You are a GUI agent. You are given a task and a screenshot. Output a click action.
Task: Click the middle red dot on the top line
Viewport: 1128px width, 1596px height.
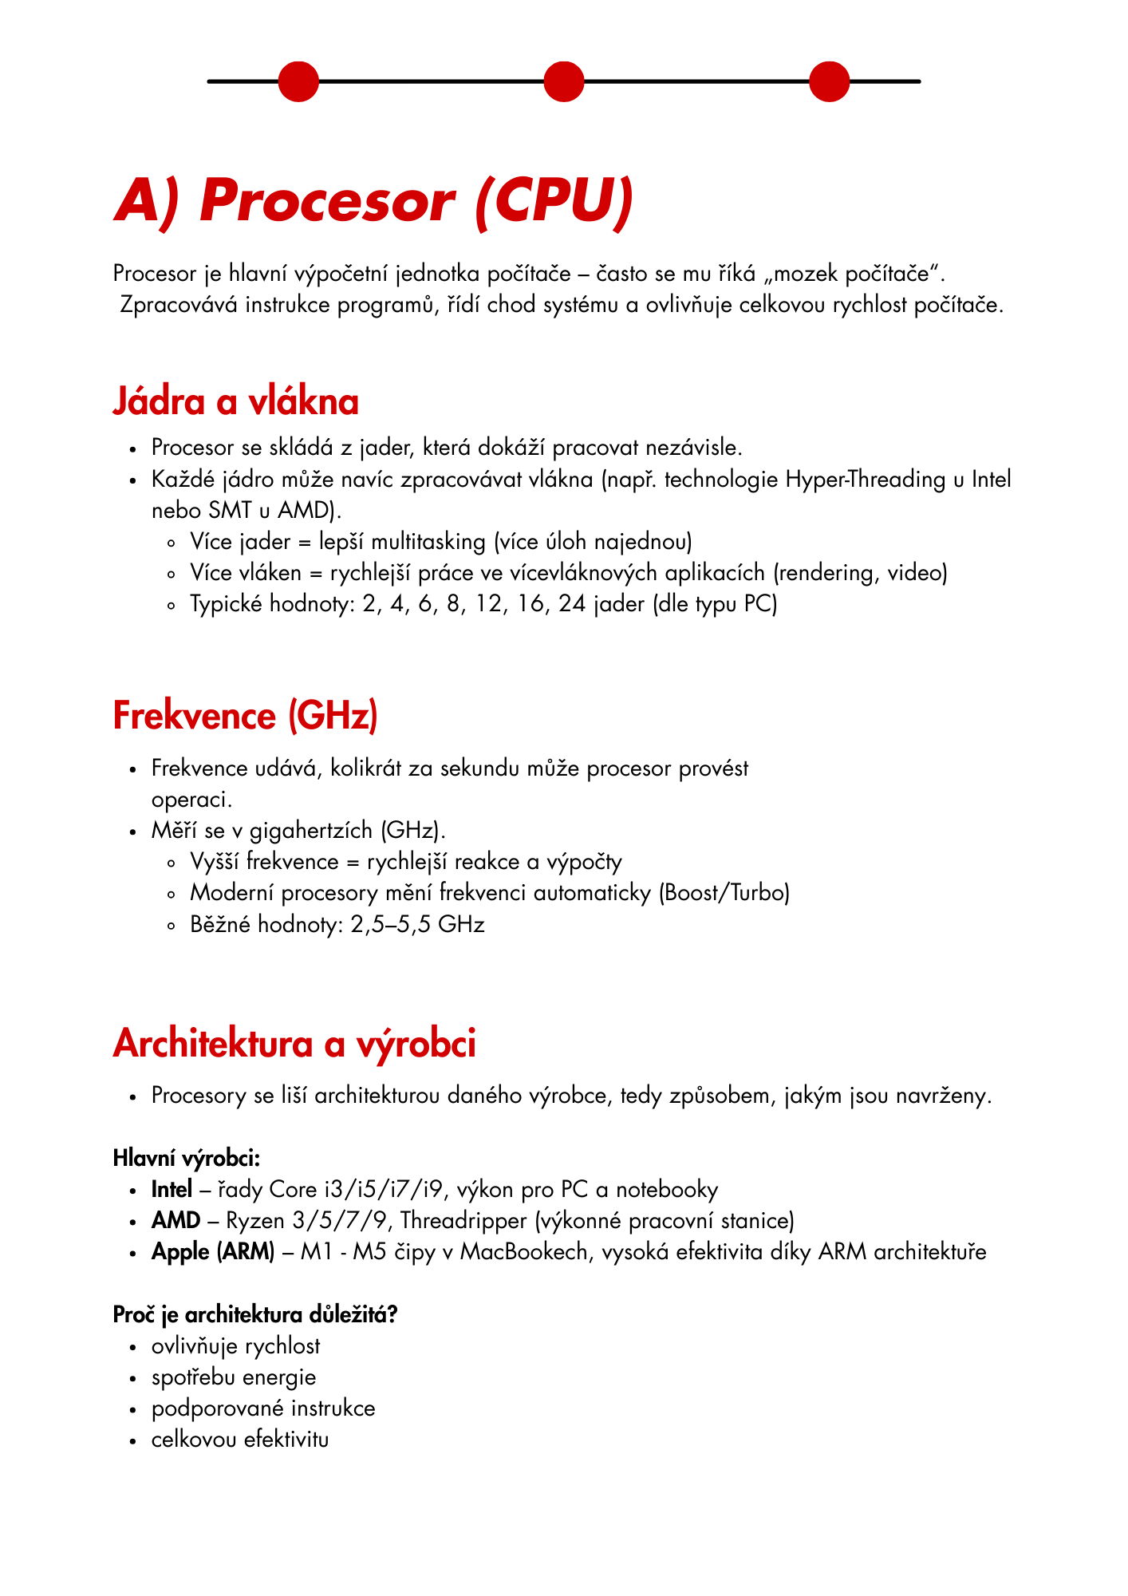[x=563, y=81]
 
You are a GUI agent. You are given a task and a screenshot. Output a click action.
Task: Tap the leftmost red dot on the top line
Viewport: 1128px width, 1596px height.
[x=298, y=81]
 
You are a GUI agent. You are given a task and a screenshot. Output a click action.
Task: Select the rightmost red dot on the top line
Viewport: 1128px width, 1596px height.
[x=829, y=81]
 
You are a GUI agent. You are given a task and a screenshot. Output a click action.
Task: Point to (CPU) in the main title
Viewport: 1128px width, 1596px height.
[x=554, y=201]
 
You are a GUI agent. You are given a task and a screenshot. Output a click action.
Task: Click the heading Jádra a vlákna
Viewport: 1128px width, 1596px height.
[x=235, y=401]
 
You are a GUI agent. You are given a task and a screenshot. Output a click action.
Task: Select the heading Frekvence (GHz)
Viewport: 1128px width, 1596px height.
[x=245, y=715]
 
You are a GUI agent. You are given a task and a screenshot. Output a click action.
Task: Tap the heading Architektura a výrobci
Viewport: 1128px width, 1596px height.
[x=294, y=1043]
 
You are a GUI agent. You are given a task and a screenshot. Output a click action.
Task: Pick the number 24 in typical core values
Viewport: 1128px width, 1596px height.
[x=572, y=604]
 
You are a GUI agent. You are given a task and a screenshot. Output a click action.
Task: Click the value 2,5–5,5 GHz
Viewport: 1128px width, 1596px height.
[x=417, y=925]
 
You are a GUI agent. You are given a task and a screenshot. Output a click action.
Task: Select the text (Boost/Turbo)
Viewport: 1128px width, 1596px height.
[x=724, y=893]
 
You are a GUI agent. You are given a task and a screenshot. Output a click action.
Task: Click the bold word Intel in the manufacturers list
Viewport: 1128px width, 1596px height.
[x=172, y=1190]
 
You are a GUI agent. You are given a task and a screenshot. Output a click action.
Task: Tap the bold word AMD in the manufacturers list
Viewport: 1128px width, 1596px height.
[x=176, y=1221]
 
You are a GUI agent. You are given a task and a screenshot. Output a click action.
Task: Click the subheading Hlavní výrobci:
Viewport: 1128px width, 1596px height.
[x=187, y=1158]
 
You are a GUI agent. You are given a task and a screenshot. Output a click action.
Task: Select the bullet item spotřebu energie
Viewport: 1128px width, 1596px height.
[x=234, y=1377]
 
